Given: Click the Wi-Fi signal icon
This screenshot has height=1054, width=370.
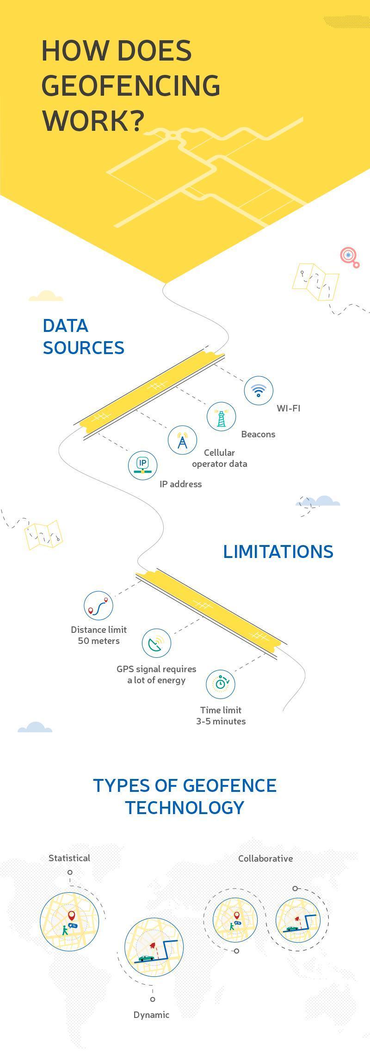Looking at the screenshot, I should (259, 391).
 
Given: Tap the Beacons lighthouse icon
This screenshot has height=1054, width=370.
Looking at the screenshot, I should (221, 417).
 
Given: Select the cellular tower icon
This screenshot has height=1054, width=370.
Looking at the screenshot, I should (182, 440).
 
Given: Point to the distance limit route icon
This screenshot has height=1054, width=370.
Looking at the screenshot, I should (99, 606).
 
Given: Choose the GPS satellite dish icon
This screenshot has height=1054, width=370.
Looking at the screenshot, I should (156, 643).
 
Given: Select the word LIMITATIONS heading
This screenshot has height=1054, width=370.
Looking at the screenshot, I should (278, 552).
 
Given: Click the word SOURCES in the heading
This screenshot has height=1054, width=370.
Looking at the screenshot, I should (84, 348).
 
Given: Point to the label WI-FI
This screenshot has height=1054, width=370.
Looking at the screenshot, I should (289, 408).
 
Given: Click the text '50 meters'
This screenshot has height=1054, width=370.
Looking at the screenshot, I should (99, 641).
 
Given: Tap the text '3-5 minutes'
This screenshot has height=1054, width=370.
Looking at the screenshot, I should (221, 721).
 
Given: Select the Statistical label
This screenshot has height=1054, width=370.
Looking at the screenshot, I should (69, 858).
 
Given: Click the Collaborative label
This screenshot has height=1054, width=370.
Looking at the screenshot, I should (265, 858).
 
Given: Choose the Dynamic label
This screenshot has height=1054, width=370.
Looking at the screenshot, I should (151, 1015).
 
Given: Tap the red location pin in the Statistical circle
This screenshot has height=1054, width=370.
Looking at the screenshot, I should (71, 915).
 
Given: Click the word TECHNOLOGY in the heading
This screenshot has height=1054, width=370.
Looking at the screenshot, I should (185, 808).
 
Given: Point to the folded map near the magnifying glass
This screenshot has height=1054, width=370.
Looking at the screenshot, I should (315, 282).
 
